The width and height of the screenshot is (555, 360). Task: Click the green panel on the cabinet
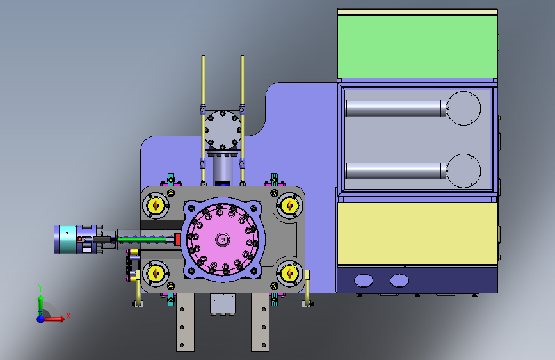417,46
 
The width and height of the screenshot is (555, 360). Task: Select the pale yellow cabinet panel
417,233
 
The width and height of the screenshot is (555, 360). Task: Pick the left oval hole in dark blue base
364,281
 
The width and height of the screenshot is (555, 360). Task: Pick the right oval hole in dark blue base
399,281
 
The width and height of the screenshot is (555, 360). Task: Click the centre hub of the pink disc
223,240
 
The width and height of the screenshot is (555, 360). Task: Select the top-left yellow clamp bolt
156,205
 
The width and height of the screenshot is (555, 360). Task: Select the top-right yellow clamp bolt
289,205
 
